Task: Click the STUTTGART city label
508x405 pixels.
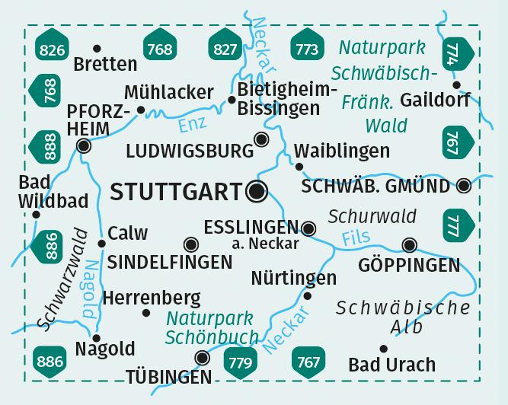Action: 176,192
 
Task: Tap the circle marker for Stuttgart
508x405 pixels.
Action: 257,192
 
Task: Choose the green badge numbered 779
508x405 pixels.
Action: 238,361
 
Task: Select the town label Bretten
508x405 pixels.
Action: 106,64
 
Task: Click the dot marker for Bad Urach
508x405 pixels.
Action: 384,349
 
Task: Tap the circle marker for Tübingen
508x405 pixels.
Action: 202,357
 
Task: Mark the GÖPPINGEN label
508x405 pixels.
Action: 410,266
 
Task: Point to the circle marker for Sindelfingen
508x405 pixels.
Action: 190,244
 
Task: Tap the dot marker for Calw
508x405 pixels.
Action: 101,244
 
